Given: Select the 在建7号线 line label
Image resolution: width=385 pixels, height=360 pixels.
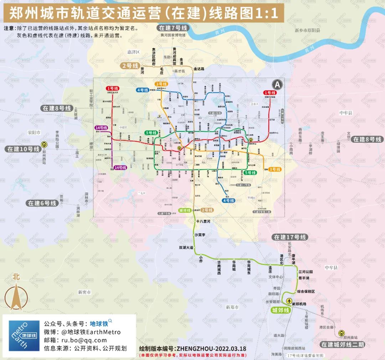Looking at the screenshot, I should (173, 28).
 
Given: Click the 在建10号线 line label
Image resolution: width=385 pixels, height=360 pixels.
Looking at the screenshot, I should (24, 149).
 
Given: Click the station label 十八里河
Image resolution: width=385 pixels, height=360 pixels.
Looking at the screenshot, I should (203, 222).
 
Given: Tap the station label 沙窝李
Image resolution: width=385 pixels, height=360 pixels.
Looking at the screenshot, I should (200, 234).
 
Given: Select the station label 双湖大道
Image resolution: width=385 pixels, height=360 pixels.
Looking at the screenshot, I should (186, 247).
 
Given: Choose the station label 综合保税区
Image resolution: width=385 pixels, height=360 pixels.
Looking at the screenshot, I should (306, 291).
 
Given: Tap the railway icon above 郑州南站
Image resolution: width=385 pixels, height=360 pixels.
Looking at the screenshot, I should (342, 333).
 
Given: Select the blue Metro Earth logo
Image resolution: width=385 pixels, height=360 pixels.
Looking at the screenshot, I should (24, 336).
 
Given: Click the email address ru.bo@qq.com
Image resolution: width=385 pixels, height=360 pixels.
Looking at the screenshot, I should (84, 340).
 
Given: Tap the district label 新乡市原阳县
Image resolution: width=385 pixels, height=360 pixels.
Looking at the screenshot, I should (307, 31).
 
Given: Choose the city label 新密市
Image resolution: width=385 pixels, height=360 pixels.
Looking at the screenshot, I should (84, 292).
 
